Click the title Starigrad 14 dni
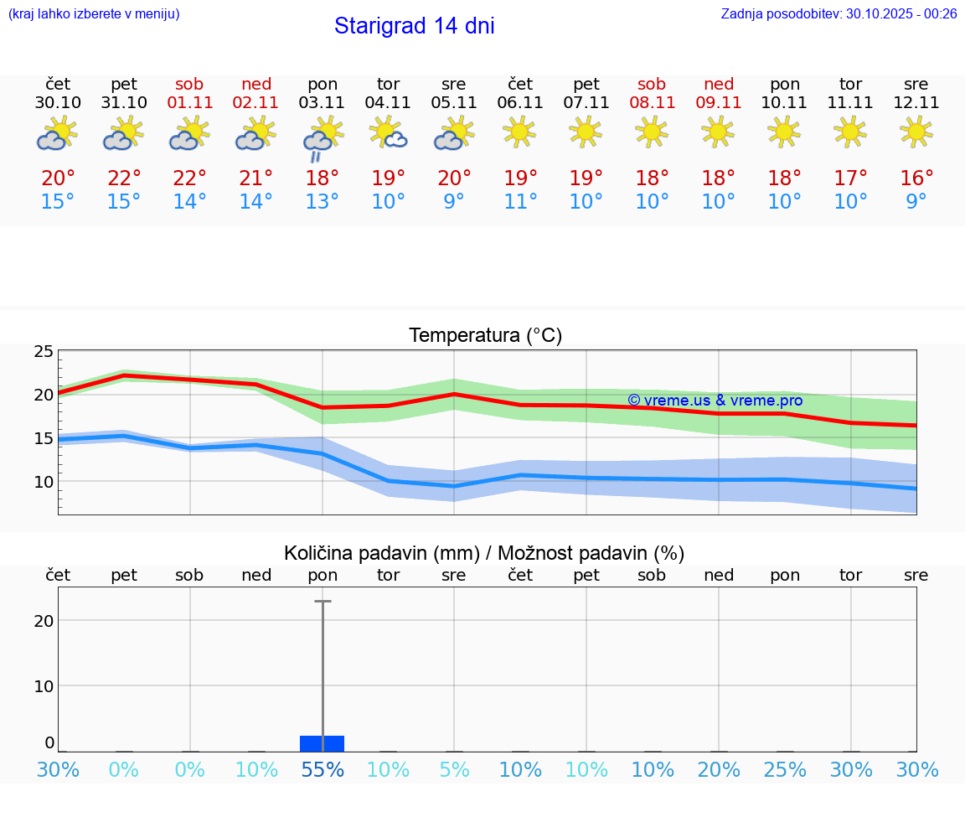click(414, 26)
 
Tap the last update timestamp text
click(839, 13)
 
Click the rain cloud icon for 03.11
click(322, 139)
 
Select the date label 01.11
click(190, 103)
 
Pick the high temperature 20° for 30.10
click(58, 178)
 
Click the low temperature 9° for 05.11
click(454, 202)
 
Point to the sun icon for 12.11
click(916, 132)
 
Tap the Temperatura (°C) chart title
click(485, 336)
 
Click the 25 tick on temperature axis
click(44, 351)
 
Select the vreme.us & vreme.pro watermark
click(715, 401)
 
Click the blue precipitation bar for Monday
click(323, 743)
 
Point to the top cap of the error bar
click(323, 601)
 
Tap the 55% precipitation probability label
click(323, 770)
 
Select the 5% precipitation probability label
click(454, 770)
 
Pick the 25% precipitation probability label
click(785, 770)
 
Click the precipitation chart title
click(484, 553)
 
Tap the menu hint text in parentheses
click(94, 13)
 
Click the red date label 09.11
click(718, 103)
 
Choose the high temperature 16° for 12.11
click(916, 178)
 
